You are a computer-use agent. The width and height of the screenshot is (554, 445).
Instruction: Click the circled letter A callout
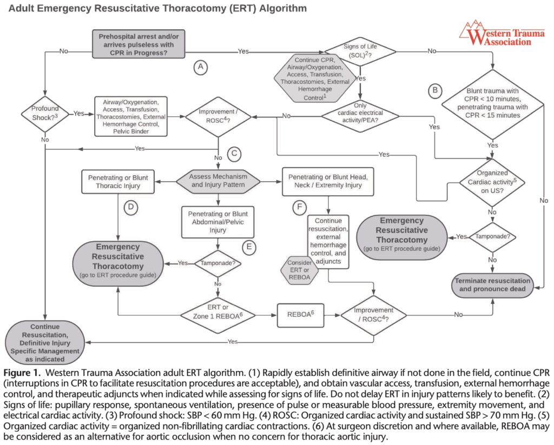[201, 67]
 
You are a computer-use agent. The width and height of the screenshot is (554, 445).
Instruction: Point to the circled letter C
[234, 154]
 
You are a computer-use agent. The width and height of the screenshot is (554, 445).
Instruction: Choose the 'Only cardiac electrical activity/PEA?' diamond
[360, 114]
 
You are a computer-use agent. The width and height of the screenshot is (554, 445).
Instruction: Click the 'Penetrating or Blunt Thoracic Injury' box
[117, 181]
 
